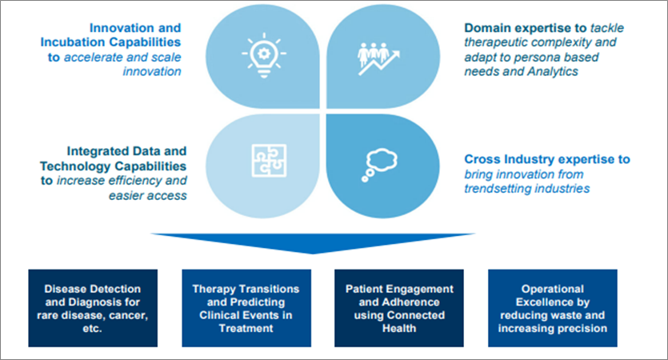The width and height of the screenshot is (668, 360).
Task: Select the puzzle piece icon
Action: pos(262,158)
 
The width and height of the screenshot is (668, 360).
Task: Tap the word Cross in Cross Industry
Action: pos(482,159)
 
